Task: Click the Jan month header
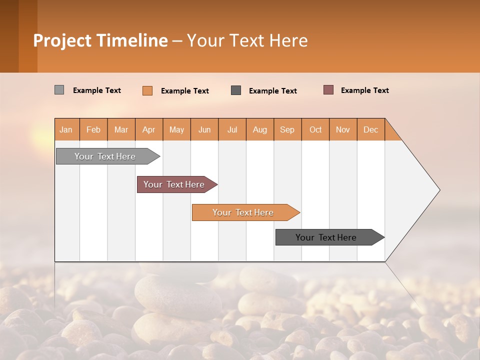click(x=66, y=129)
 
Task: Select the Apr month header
click(x=149, y=129)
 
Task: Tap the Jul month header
click(x=232, y=129)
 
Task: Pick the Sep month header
click(x=287, y=129)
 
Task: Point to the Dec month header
click(x=370, y=129)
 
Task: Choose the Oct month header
click(x=315, y=129)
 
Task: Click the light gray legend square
click(x=59, y=90)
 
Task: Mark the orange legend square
click(x=147, y=90)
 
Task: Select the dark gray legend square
click(x=236, y=90)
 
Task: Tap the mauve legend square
click(x=328, y=90)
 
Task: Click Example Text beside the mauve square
click(x=364, y=90)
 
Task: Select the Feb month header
click(x=93, y=129)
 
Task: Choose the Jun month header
click(x=204, y=129)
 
